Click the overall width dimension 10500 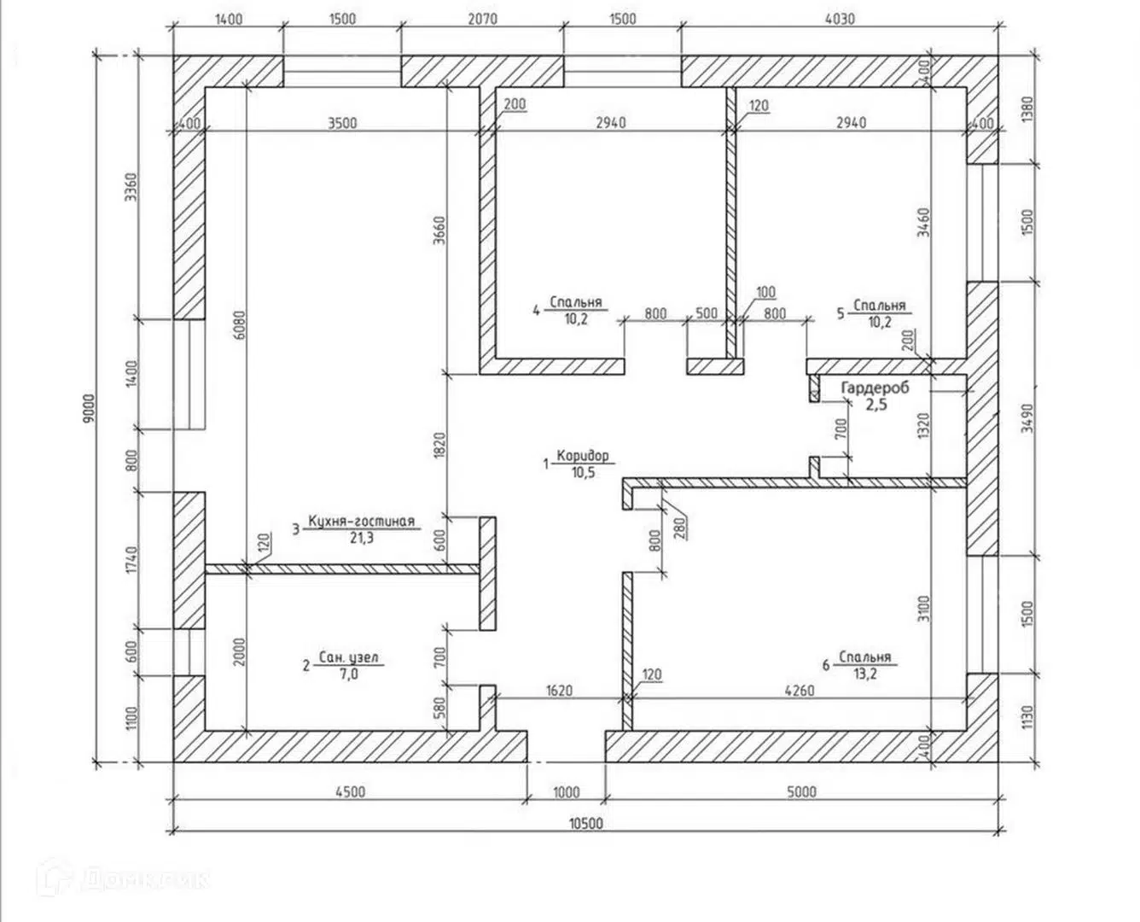click(x=585, y=823)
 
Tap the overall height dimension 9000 click(x=89, y=409)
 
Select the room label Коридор click(x=582, y=456)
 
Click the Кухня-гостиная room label click(x=361, y=521)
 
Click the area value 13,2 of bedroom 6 click(x=865, y=674)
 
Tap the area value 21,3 click(x=362, y=538)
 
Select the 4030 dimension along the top click(x=840, y=19)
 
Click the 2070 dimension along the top click(x=482, y=19)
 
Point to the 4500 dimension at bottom click(x=350, y=791)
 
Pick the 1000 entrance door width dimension click(x=566, y=792)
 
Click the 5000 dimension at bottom click(x=801, y=791)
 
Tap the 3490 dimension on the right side click(x=1027, y=418)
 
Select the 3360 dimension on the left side click(x=131, y=187)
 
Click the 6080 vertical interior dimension click(x=239, y=325)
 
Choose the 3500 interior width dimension click(x=342, y=123)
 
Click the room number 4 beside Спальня click(x=536, y=311)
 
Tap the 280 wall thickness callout click(x=681, y=527)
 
